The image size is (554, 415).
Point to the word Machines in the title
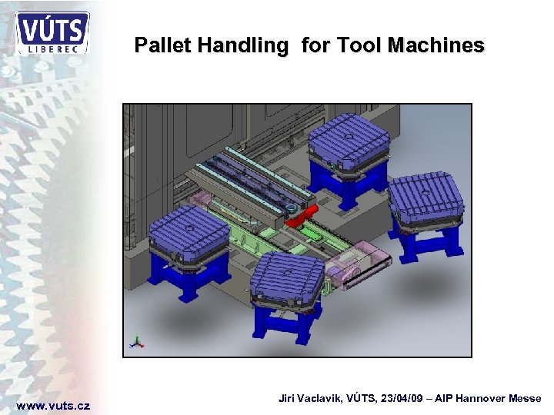coord(436,46)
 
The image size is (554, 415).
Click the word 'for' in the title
coord(314,46)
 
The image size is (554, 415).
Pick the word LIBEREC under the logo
coord(53,48)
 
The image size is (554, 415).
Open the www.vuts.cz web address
coord(53,405)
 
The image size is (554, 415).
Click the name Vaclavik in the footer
coord(319,398)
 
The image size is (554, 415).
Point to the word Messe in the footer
coord(524,398)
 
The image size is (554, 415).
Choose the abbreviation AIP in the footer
coord(439,398)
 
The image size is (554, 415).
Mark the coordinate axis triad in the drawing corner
coord(137,342)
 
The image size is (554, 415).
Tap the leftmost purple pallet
coord(189,230)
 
